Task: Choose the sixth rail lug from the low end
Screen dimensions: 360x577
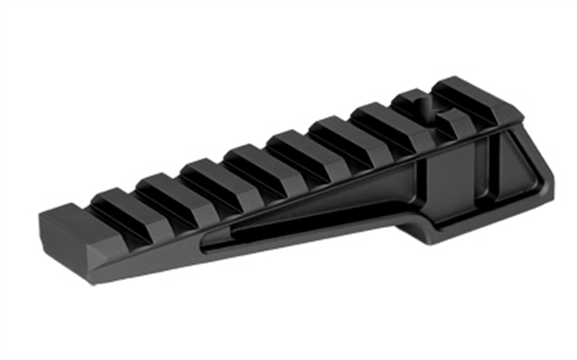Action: click(x=334, y=130)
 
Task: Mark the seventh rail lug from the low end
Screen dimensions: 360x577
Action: click(x=379, y=116)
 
